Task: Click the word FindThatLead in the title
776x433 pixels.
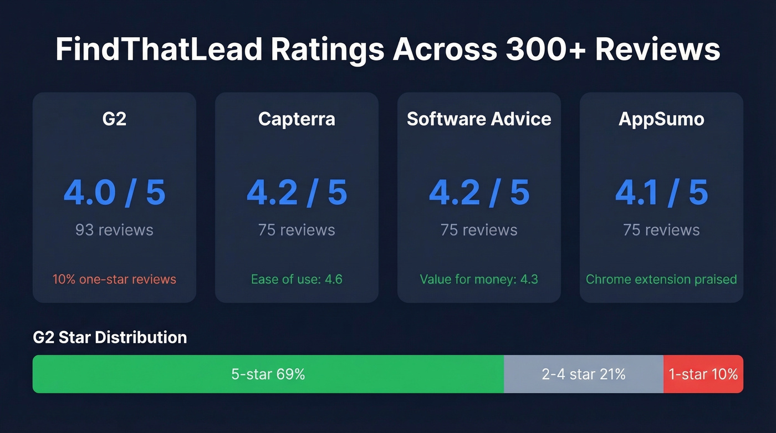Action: pyautogui.click(x=159, y=49)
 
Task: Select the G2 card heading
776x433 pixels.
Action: pyautogui.click(x=114, y=119)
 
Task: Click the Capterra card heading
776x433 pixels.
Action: pyautogui.click(x=297, y=119)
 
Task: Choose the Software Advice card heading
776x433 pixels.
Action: pyautogui.click(x=479, y=119)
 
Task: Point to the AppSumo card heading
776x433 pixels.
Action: pyautogui.click(x=661, y=119)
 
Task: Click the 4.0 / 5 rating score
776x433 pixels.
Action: pyautogui.click(x=114, y=192)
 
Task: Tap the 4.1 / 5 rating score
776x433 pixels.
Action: pyautogui.click(x=661, y=192)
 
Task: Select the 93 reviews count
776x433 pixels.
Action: pyautogui.click(x=114, y=230)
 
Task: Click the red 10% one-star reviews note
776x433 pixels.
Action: pyautogui.click(x=114, y=279)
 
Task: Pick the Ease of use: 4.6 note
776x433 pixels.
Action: pyautogui.click(x=297, y=279)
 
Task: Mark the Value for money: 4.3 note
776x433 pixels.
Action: pyautogui.click(x=479, y=279)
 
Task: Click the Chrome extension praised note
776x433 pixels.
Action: pyautogui.click(x=661, y=279)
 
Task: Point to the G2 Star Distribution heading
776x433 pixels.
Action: pyautogui.click(x=110, y=337)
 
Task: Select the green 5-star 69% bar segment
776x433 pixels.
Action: pyautogui.click(x=268, y=374)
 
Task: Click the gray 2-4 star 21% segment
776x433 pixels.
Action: pyautogui.click(x=584, y=374)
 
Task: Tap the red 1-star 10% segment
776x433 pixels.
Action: pyautogui.click(x=703, y=374)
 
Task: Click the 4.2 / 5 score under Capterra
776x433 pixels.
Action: pyautogui.click(x=297, y=192)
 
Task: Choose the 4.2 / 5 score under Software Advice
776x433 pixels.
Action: pyautogui.click(x=479, y=192)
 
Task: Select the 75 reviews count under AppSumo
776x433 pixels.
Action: pyautogui.click(x=661, y=230)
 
